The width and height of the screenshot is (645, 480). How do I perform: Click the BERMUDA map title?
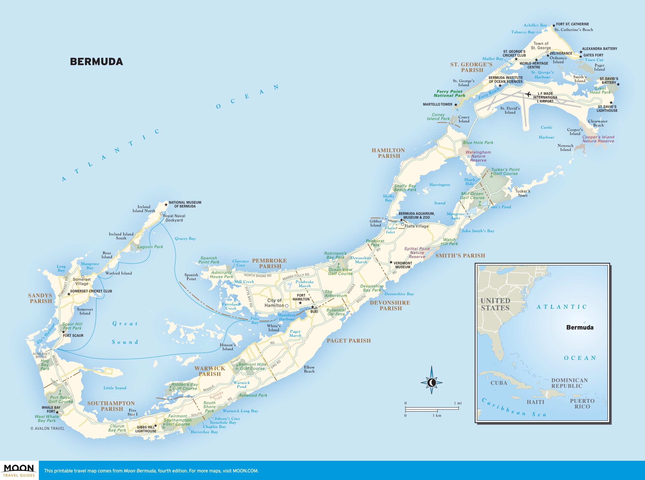pos(96,62)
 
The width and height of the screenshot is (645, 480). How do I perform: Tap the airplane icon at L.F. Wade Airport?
pos(528,94)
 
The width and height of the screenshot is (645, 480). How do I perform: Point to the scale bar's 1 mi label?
pos(458,403)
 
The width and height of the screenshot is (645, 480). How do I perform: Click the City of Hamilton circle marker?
pos(287,306)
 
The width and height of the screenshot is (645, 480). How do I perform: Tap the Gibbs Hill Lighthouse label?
pos(146,429)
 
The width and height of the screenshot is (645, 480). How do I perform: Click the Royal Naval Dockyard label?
pos(174,218)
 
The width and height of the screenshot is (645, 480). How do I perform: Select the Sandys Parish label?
pos(40,298)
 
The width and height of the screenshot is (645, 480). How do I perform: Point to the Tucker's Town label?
pos(523,193)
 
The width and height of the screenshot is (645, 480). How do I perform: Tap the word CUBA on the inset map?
pos(499,383)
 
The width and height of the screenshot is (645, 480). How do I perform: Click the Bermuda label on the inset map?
pos(579,327)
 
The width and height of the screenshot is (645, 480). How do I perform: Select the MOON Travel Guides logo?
pos(19,470)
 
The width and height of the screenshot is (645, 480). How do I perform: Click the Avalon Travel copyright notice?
pos(48,428)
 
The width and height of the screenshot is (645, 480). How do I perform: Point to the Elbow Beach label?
pos(309,369)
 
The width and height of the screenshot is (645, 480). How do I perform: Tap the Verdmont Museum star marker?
pos(391,262)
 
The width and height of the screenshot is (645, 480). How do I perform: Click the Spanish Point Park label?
pos(209,260)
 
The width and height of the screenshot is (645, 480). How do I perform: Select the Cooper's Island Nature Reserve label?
pos(598,139)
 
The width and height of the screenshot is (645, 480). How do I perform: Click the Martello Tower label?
pos(437,104)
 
